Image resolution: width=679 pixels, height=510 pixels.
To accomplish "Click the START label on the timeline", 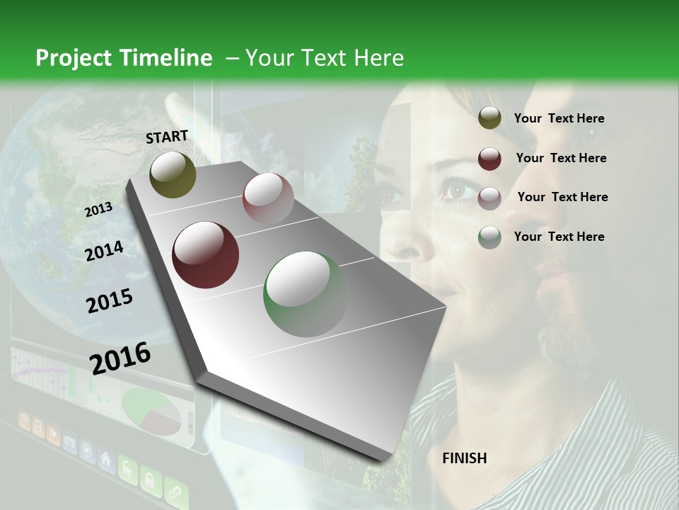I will coord(167,137).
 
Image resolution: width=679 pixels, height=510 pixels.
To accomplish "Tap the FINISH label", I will coord(465,458).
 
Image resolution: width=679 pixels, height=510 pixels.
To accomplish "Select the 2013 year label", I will coord(98,209).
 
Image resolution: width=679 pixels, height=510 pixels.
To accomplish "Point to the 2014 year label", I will coord(104,251).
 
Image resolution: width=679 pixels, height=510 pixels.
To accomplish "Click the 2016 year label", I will coord(120,358).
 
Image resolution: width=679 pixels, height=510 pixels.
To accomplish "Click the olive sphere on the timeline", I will coord(173,174).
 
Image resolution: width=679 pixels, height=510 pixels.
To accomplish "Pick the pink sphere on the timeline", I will coord(268,198).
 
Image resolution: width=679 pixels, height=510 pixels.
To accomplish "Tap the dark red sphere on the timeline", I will coord(206,255).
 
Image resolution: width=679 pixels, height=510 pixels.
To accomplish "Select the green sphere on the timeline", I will coord(306,294).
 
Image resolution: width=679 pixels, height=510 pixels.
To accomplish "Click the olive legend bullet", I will coord(489,118).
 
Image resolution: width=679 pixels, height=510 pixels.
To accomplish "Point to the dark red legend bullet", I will coord(489,158).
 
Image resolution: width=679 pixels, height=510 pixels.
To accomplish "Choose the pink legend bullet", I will coord(489,198).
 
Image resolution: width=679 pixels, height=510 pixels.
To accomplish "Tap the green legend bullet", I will coord(489,237).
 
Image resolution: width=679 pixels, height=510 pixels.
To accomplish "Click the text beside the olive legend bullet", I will coord(559,118).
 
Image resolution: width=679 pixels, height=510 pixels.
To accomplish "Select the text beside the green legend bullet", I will coord(559,237).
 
